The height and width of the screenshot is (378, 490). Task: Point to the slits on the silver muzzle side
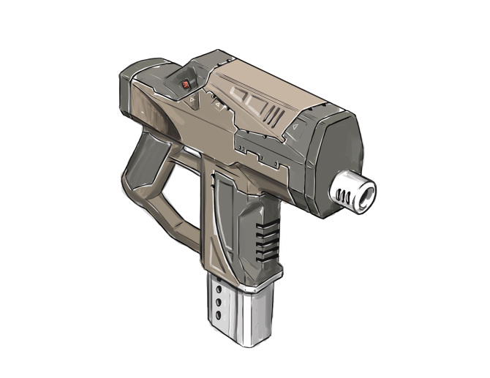(x=344, y=193)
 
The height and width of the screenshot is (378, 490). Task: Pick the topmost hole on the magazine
(x=219, y=290)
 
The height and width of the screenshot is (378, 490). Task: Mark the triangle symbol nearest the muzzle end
(x=293, y=128)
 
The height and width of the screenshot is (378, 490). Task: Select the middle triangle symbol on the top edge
(x=217, y=107)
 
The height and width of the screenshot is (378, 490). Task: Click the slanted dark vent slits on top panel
(x=274, y=116)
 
